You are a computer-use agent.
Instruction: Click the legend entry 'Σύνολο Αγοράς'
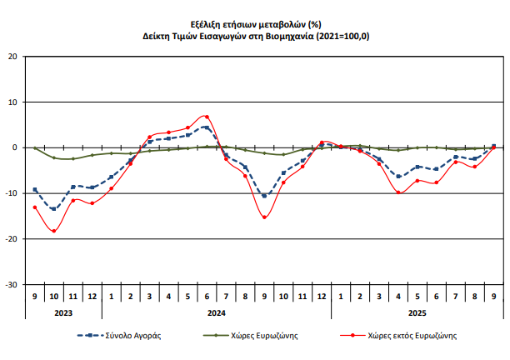coord(132,336)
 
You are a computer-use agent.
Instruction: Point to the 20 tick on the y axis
coord(12,57)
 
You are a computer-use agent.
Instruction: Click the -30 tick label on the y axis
coord(11,284)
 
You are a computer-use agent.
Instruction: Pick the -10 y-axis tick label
coord(11,193)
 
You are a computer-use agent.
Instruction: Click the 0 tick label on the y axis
coord(14,147)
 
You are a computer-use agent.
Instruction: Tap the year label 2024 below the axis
coord(216,313)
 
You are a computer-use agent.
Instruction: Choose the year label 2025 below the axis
coord(417,313)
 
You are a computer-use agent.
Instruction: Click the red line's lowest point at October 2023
coord(54,231)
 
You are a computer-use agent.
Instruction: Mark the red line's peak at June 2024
coord(207,117)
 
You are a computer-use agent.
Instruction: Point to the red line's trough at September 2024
coord(264,217)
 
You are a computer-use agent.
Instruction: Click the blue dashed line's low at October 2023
coord(54,209)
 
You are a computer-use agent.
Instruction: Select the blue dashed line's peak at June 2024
coord(207,127)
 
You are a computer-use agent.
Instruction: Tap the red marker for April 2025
coord(398,192)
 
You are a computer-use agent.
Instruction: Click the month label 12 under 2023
coord(92,297)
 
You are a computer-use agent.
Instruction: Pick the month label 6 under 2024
coord(207,297)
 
